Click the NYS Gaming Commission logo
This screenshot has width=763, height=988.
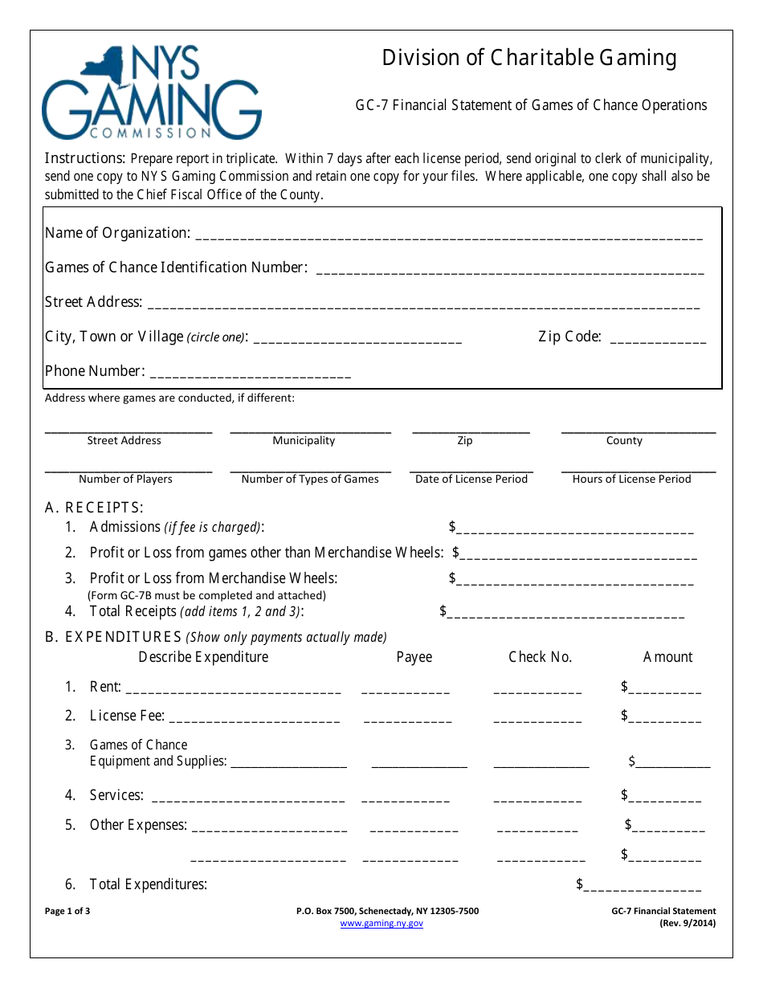click(151, 92)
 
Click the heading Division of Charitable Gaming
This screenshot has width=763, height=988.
click(528, 58)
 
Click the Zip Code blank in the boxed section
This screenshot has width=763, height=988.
click(659, 340)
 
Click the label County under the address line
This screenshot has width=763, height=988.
click(624, 441)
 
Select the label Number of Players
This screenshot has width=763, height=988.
click(125, 480)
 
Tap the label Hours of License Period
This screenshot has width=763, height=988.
click(631, 480)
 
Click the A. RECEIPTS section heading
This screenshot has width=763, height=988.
click(94, 508)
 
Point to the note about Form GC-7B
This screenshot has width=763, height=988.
click(206, 595)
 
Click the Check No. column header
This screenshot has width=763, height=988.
click(540, 657)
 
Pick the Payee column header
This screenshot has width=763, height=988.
click(414, 657)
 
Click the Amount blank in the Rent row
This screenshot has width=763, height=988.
click(665, 688)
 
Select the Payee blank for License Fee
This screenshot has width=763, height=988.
click(407, 718)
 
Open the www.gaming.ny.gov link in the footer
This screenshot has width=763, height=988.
click(381, 924)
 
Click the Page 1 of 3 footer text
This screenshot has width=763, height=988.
click(67, 911)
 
